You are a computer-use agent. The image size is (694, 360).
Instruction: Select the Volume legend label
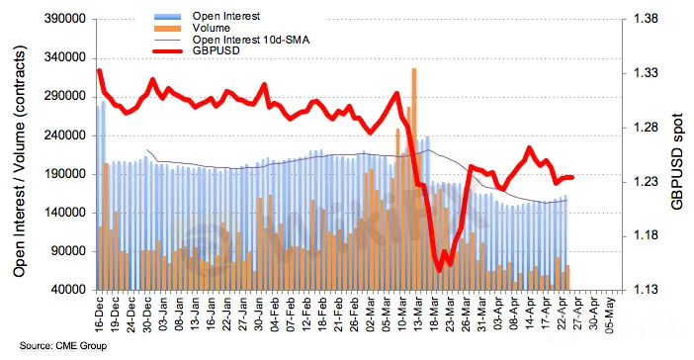pos(211,28)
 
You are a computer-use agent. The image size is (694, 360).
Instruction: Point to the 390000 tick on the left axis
pos(65,19)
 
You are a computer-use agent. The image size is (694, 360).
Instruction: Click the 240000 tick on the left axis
pos(65,135)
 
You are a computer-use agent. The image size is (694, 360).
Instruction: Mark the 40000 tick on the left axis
pos(68,290)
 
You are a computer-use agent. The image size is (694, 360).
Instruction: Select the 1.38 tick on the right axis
pos(646,19)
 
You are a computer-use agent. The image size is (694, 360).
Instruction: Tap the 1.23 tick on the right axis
pos(646,182)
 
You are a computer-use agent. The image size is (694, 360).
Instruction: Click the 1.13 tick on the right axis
pos(646,290)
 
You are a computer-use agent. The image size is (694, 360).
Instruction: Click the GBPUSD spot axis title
pos(677,161)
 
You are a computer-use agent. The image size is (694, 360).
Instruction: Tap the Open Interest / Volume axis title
pos(19,161)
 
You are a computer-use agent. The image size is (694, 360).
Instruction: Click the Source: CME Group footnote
pos(63,345)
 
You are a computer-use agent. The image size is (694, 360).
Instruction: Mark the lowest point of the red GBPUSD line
pos(439,271)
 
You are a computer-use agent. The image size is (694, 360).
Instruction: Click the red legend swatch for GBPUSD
pos(168,50)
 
